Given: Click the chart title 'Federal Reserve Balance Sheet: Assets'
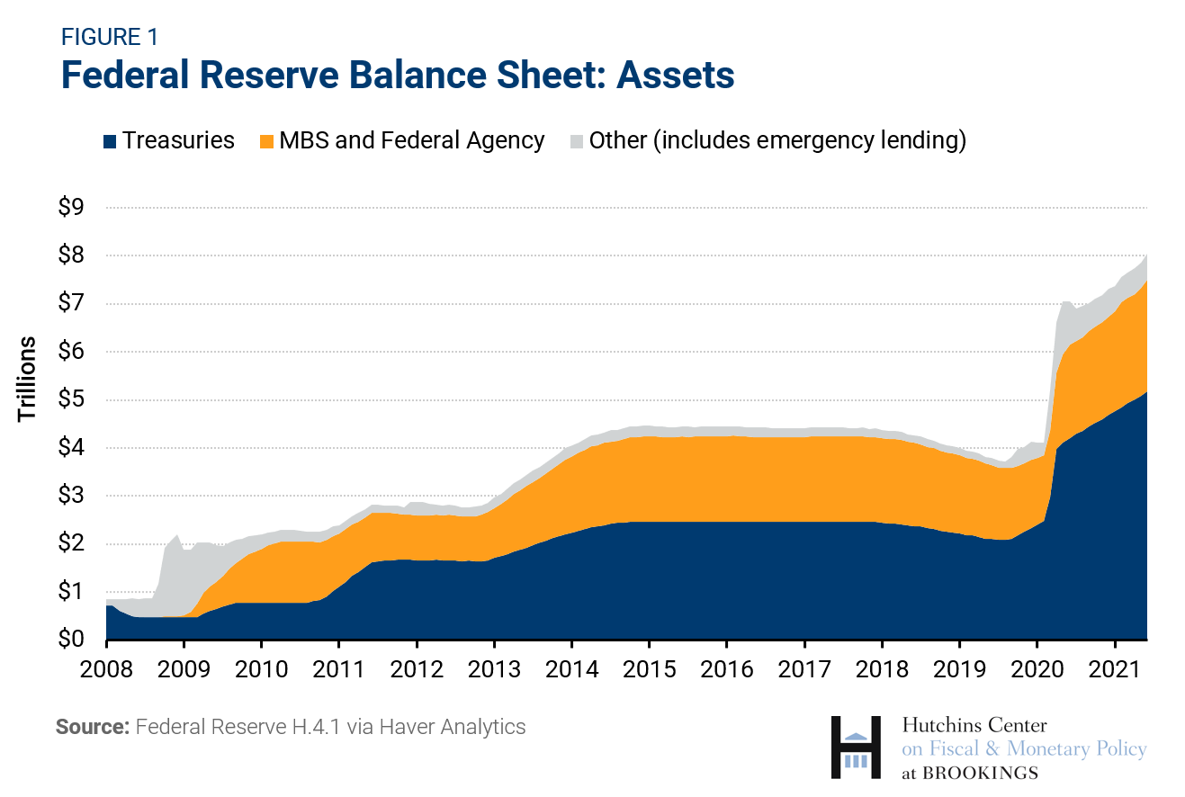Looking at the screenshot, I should [398, 76].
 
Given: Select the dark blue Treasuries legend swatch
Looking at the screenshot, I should [110, 141].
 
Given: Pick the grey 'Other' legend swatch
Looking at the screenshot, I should [576, 141].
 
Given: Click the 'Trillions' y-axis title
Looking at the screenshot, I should [28, 378].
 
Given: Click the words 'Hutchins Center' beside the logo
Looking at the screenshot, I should [974, 725].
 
